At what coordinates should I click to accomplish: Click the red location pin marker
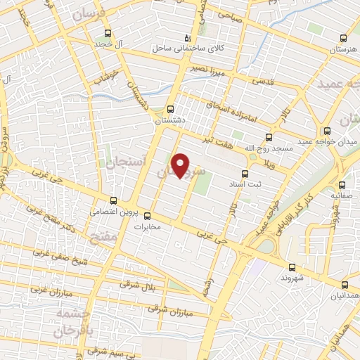tap(181, 165)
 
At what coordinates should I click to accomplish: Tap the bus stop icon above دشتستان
tap(170, 109)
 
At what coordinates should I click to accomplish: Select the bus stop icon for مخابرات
tap(147, 216)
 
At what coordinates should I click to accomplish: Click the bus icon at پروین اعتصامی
tap(115, 200)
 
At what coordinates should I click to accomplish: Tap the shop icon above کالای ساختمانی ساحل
tap(186, 37)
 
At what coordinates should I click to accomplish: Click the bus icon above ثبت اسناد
tap(245, 173)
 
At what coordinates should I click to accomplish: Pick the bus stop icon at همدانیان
tap(344, 285)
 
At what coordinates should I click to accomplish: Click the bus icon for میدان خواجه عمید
tap(326, 131)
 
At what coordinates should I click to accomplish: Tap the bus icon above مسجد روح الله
tap(268, 138)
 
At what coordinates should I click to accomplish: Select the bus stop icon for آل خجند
tap(108, 33)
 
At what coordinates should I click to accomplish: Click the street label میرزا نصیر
tap(207, 70)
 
